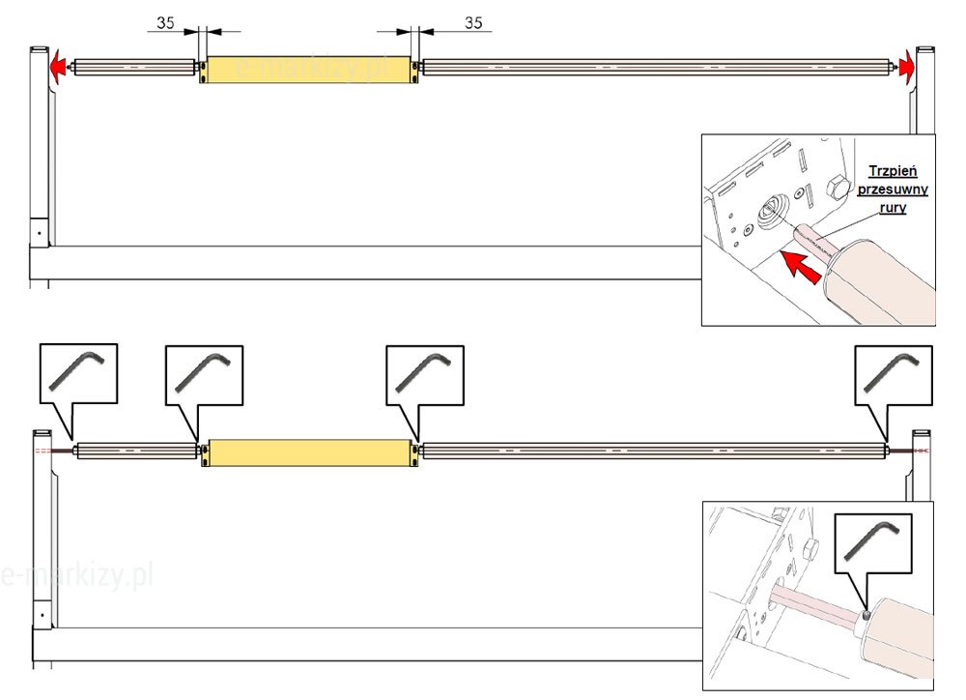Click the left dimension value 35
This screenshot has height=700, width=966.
(165, 22)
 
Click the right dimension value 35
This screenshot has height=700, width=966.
(473, 22)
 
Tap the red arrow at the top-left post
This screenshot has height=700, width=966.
(60, 67)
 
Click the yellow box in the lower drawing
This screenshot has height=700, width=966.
(309, 452)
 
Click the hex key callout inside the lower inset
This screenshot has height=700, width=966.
(870, 539)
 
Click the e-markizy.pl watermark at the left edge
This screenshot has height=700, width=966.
(77, 576)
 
